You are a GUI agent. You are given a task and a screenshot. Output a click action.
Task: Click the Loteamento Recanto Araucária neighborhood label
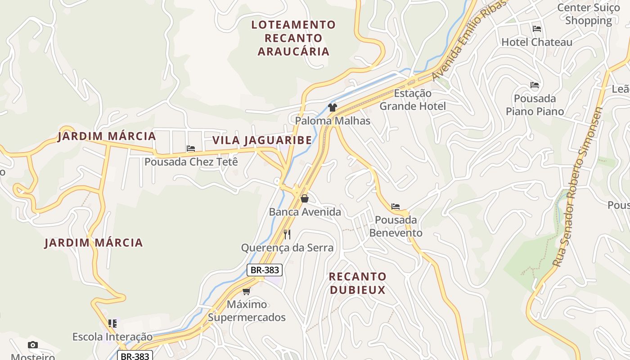(x=293, y=38)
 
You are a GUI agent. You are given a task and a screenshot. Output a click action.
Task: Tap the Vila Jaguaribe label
(x=262, y=140)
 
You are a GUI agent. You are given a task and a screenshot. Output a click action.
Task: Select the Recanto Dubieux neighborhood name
(x=358, y=283)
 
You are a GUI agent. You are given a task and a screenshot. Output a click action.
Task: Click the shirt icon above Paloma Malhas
(x=333, y=108)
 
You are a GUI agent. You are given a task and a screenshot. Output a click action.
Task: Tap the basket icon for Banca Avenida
(x=305, y=198)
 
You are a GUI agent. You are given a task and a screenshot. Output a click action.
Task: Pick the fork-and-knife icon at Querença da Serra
(x=287, y=234)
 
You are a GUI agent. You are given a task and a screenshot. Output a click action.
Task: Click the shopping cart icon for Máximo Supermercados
(x=246, y=291)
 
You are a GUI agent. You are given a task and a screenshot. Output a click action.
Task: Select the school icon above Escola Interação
(x=112, y=323)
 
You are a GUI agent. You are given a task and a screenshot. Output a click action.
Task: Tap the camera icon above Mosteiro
(x=33, y=345)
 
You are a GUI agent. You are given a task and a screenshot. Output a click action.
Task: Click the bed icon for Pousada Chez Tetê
(x=191, y=148)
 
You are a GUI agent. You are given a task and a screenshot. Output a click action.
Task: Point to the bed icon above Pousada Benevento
(x=396, y=207)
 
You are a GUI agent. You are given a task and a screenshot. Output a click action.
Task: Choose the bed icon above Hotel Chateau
(x=536, y=29)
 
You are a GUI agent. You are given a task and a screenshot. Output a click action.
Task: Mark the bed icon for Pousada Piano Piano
(x=535, y=85)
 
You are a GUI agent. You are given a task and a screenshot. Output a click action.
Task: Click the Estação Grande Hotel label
(x=413, y=100)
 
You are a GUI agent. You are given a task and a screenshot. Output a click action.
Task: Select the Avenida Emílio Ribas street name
(x=470, y=41)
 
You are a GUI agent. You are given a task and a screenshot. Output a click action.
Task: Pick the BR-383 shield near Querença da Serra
(x=265, y=270)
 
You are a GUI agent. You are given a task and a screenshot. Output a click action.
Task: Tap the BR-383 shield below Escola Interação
(x=135, y=356)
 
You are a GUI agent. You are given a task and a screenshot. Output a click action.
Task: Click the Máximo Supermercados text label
(x=247, y=311)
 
